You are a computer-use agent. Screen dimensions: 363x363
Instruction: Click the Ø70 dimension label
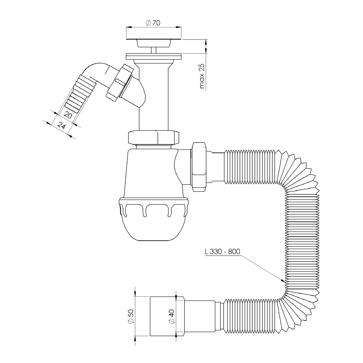pyautogui.click(x=153, y=23)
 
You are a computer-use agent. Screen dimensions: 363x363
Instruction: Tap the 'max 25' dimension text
pyautogui.click(x=202, y=76)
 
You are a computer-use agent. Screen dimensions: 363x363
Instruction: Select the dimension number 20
pyautogui.click(x=68, y=115)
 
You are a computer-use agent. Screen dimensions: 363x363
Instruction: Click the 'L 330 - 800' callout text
pyautogui.click(x=223, y=252)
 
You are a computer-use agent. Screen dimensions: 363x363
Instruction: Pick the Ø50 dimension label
pyautogui.click(x=131, y=317)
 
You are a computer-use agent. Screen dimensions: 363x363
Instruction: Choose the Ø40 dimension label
pyautogui.click(x=172, y=317)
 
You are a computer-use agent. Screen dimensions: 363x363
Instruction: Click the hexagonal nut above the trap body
pyautogui.click(x=154, y=138)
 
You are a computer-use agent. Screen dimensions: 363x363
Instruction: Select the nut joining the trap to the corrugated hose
pyautogui.click(x=199, y=167)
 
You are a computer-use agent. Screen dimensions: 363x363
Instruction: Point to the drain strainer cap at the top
pyautogui.click(x=154, y=43)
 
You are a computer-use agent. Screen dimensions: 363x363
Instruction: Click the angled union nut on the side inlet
pyautogui.click(x=120, y=82)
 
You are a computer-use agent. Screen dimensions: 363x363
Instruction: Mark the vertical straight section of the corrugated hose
pyautogui.click(x=302, y=241)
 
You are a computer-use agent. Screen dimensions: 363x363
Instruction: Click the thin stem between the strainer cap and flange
pyautogui.click(x=154, y=50)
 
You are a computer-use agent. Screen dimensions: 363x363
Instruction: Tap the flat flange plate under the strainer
pyautogui.click(x=154, y=56)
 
